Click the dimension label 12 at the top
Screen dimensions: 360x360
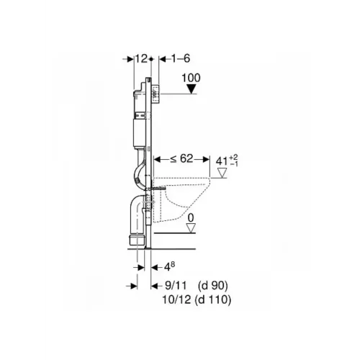click(141, 58)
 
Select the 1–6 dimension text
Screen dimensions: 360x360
click(181, 58)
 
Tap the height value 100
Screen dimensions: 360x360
click(191, 78)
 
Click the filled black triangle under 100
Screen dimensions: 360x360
click(192, 89)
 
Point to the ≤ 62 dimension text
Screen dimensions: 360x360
click(181, 158)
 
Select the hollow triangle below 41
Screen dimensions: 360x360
click(222, 173)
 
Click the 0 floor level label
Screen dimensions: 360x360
click(191, 218)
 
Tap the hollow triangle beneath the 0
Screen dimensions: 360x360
click(191, 228)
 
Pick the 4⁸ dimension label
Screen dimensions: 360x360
click(170, 266)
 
